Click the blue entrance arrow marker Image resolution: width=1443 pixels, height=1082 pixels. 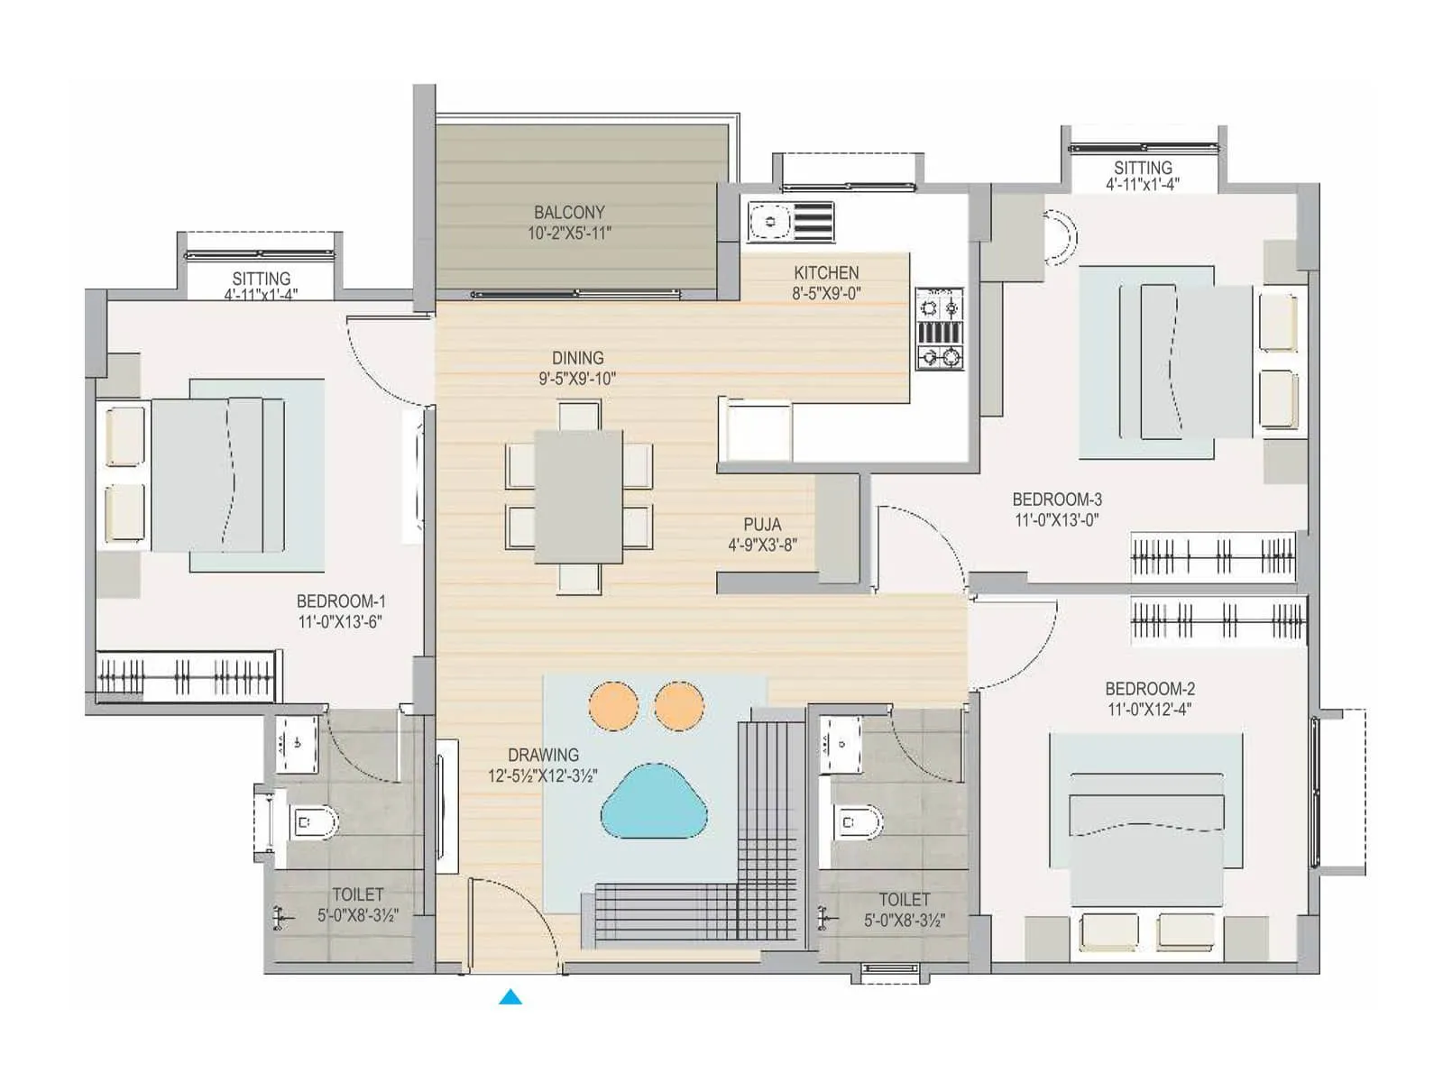pyautogui.click(x=510, y=996)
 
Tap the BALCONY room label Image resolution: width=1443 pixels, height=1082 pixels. pyautogui.click(x=569, y=213)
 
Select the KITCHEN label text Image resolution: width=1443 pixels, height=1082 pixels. pyautogui.click(x=826, y=272)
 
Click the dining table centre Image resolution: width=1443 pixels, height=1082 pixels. pyautogui.click(x=578, y=496)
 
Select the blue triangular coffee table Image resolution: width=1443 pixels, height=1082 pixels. pyautogui.click(x=654, y=802)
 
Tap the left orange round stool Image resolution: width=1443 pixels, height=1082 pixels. pyautogui.click(x=613, y=706)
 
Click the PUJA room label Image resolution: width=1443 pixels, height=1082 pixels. pyautogui.click(x=762, y=524)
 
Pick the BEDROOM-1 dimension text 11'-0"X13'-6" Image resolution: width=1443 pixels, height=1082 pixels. pyautogui.click(x=340, y=621)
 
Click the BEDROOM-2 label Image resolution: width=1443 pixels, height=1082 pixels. pyautogui.click(x=1150, y=689)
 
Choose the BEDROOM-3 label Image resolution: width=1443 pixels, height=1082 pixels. pyautogui.click(x=1057, y=500)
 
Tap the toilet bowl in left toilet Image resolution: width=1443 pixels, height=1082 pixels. pyautogui.click(x=313, y=822)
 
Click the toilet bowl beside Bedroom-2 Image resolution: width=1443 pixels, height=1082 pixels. pyautogui.click(x=857, y=821)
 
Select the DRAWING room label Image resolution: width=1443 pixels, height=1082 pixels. pyautogui.click(x=543, y=755)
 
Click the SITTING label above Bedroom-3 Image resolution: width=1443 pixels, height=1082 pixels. pyautogui.click(x=1143, y=168)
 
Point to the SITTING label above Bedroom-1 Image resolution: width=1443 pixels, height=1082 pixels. pyautogui.click(x=261, y=279)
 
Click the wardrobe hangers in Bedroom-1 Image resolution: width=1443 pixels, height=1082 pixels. pyautogui.click(x=185, y=675)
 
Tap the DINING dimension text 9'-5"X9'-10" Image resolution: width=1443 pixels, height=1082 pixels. pyautogui.click(x=577, y=379)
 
